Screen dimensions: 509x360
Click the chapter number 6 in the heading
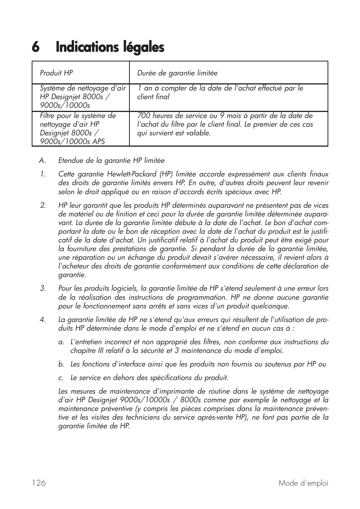pos(35,48)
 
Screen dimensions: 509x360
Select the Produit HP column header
pos(57,73)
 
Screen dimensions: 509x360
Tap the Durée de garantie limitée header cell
pos(177,73)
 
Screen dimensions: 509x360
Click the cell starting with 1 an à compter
pos(220,92)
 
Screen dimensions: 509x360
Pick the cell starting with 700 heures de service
pos(225,124)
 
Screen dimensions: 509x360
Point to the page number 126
pos(39,483)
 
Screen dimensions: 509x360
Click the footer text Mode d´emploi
pos(303,483)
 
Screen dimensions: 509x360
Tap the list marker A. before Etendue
pos(42,161)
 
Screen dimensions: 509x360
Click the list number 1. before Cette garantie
pos(43,174)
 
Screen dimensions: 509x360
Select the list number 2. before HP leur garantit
pos(43,205)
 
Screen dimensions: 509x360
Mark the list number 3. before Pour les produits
pos(43,288)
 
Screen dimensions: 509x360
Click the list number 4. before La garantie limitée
pos(43,320)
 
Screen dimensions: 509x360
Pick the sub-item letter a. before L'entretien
pos(61,342)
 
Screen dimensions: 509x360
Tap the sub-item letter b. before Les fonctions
pos(61,364)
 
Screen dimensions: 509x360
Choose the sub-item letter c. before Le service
pos(61,378)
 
